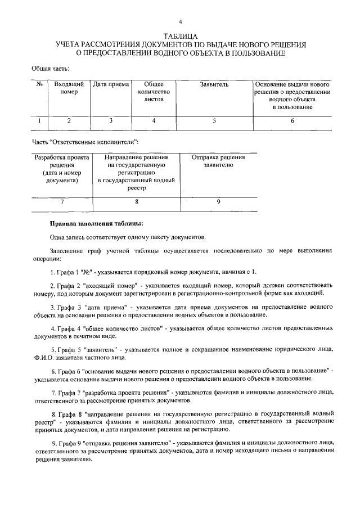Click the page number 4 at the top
point(180,21)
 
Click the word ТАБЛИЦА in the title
point(180,35)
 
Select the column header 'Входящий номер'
point(69,88)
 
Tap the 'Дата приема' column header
point(111,84)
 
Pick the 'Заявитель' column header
point(214,84)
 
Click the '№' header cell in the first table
point(39,84)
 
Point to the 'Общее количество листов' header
point(154,91)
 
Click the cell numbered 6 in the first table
point(292,120)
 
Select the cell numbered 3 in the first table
point(111,120)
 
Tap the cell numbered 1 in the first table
point(39,120)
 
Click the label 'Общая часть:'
point(50,69)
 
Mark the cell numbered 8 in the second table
point(137,201)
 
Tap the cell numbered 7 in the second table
point(62,201)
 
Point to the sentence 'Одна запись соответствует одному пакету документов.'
point(127,236)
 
